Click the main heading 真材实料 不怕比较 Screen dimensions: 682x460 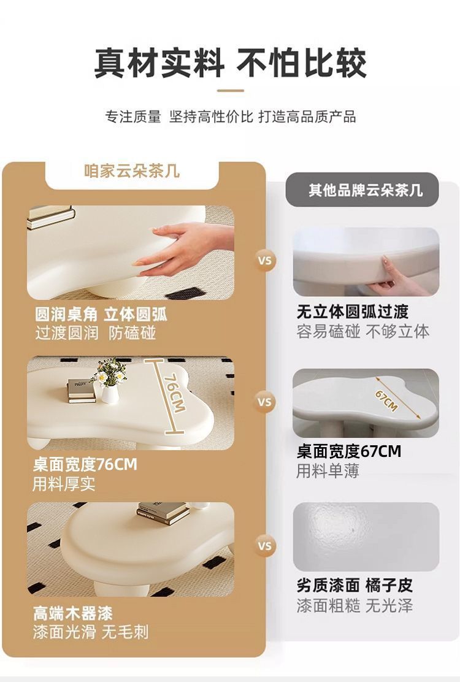pos(230,63)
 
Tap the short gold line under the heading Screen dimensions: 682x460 pos(231,90)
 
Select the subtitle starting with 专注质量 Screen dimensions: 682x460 pos(230,117)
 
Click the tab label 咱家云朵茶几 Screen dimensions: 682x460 pos(132,171)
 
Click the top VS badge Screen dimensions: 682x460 pos(265,260)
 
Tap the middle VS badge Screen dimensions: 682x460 pos(265,402)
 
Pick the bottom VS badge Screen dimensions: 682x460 pos(265,545)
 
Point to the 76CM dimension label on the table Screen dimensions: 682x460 pos(174,393)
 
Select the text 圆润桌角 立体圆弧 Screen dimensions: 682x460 pos(101,315)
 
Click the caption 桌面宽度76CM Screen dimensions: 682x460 pos(85,464)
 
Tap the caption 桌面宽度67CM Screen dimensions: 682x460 pos(348,452)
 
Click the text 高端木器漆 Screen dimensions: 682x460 pos(73,613)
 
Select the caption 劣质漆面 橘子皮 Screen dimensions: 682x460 pos(355,585)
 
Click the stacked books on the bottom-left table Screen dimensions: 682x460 pos(162,513)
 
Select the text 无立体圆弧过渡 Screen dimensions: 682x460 pos(353,312)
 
